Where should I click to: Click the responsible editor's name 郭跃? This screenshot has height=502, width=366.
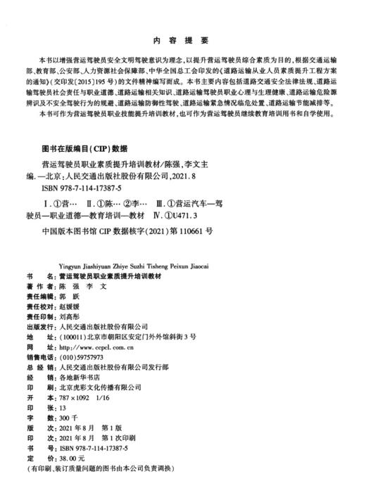(x=70, y=297)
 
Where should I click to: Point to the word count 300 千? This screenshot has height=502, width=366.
(x=70, y=417)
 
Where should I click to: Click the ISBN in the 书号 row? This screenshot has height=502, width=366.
(x=102, y=447)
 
